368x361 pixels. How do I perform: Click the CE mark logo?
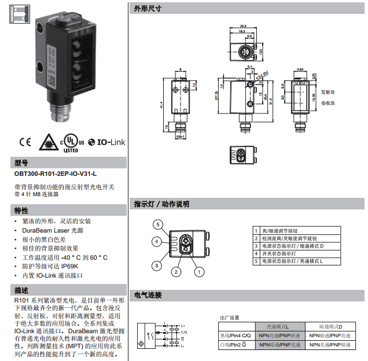(x=24, y=141)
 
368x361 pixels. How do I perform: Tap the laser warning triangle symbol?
(x=49, y=141)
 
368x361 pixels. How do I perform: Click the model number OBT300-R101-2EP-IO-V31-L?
(x=56, y=173)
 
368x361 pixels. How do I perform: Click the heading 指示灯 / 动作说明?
(x=161, y=204)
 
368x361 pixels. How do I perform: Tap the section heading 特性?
(x=21, y=210)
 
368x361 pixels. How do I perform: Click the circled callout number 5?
(x=157, y=224)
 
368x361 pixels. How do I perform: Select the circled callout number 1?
(x=198, y=271)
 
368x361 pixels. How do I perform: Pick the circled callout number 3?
(x=156, y=266)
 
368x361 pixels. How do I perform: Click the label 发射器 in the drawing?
(x=328, y=91)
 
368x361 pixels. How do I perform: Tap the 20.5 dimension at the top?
(x=243, y=26)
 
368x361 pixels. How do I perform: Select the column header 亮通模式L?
(x=279, y=327)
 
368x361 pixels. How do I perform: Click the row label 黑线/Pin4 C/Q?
(x=234, y=336)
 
